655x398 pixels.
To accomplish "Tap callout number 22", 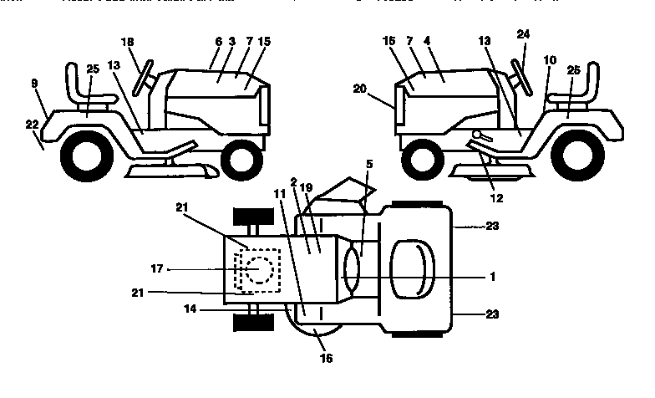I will [x=32, y=124].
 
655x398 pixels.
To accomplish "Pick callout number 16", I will [x=326, y=359].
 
